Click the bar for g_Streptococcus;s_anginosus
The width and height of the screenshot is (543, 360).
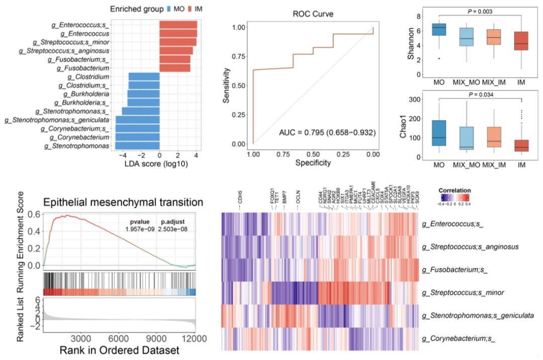point(176,51)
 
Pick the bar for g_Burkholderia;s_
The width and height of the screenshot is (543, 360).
point(143,103)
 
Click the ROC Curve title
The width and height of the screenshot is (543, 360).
point(312,14)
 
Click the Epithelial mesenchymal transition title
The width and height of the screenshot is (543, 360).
point(123,202)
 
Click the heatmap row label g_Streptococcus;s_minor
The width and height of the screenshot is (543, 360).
point(457,292)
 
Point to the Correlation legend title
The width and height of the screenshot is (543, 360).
point(454,191)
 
